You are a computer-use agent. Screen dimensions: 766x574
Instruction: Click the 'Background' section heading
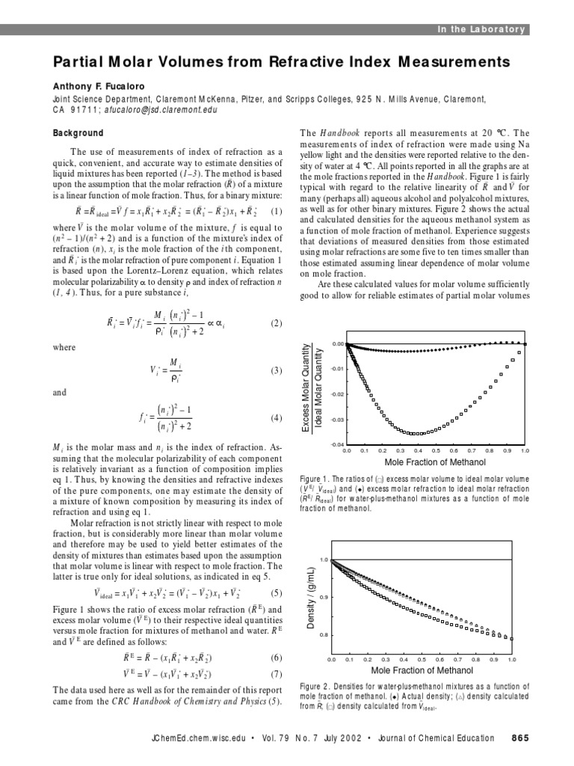(78, 133)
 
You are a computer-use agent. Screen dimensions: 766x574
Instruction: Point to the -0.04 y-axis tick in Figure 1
(336, 445)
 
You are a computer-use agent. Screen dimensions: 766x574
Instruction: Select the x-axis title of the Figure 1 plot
(434, 462)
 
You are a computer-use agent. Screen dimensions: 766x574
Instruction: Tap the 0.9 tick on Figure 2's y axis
(324, 598)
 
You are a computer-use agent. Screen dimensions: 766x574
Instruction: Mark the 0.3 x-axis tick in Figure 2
(385, 660)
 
